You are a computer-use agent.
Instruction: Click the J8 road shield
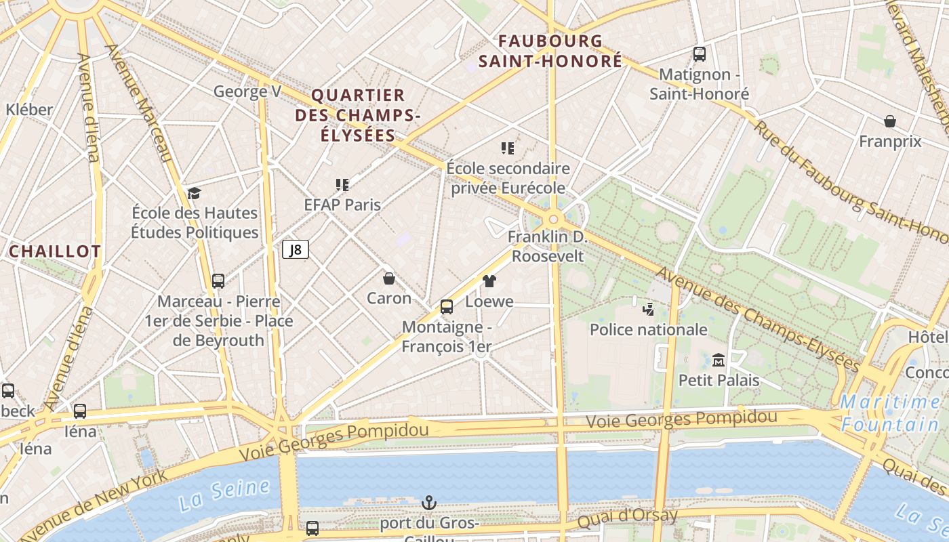[x=296, y=250]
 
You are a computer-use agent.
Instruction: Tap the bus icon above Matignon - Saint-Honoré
[x=699, y=54]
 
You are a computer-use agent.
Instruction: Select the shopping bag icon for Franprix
[x=889, y=121]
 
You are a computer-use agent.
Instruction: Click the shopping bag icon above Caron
[x=389, y=278]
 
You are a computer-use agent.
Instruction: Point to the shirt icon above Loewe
[x=489, y=281]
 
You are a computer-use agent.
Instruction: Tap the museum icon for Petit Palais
[x=719, y=360]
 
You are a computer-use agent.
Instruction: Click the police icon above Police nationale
[x=648, y=310]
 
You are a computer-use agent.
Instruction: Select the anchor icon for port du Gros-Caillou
[x=428, y=503]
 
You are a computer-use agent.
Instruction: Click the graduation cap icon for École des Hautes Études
[x=195, y=193]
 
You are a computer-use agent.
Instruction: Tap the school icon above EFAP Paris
[x=342, y=184]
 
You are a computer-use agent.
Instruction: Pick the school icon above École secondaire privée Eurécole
[x=508, y=148]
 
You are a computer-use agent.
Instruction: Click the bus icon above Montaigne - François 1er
[x=446, y=307]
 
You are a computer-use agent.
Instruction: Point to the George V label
[x=247, y=91]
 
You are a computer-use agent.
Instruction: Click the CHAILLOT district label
[x=55, y=251]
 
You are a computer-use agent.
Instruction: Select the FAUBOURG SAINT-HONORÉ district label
[x=550, y=51]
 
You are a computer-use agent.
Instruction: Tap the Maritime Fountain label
[x=890, y=413]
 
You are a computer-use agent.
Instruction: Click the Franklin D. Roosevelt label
[x=548, y=247]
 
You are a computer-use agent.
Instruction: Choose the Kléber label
[x=29, y=110]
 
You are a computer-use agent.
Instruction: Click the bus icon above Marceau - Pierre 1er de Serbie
[x=218, y=281]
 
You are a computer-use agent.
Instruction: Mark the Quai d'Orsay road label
[x=627, y=518]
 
